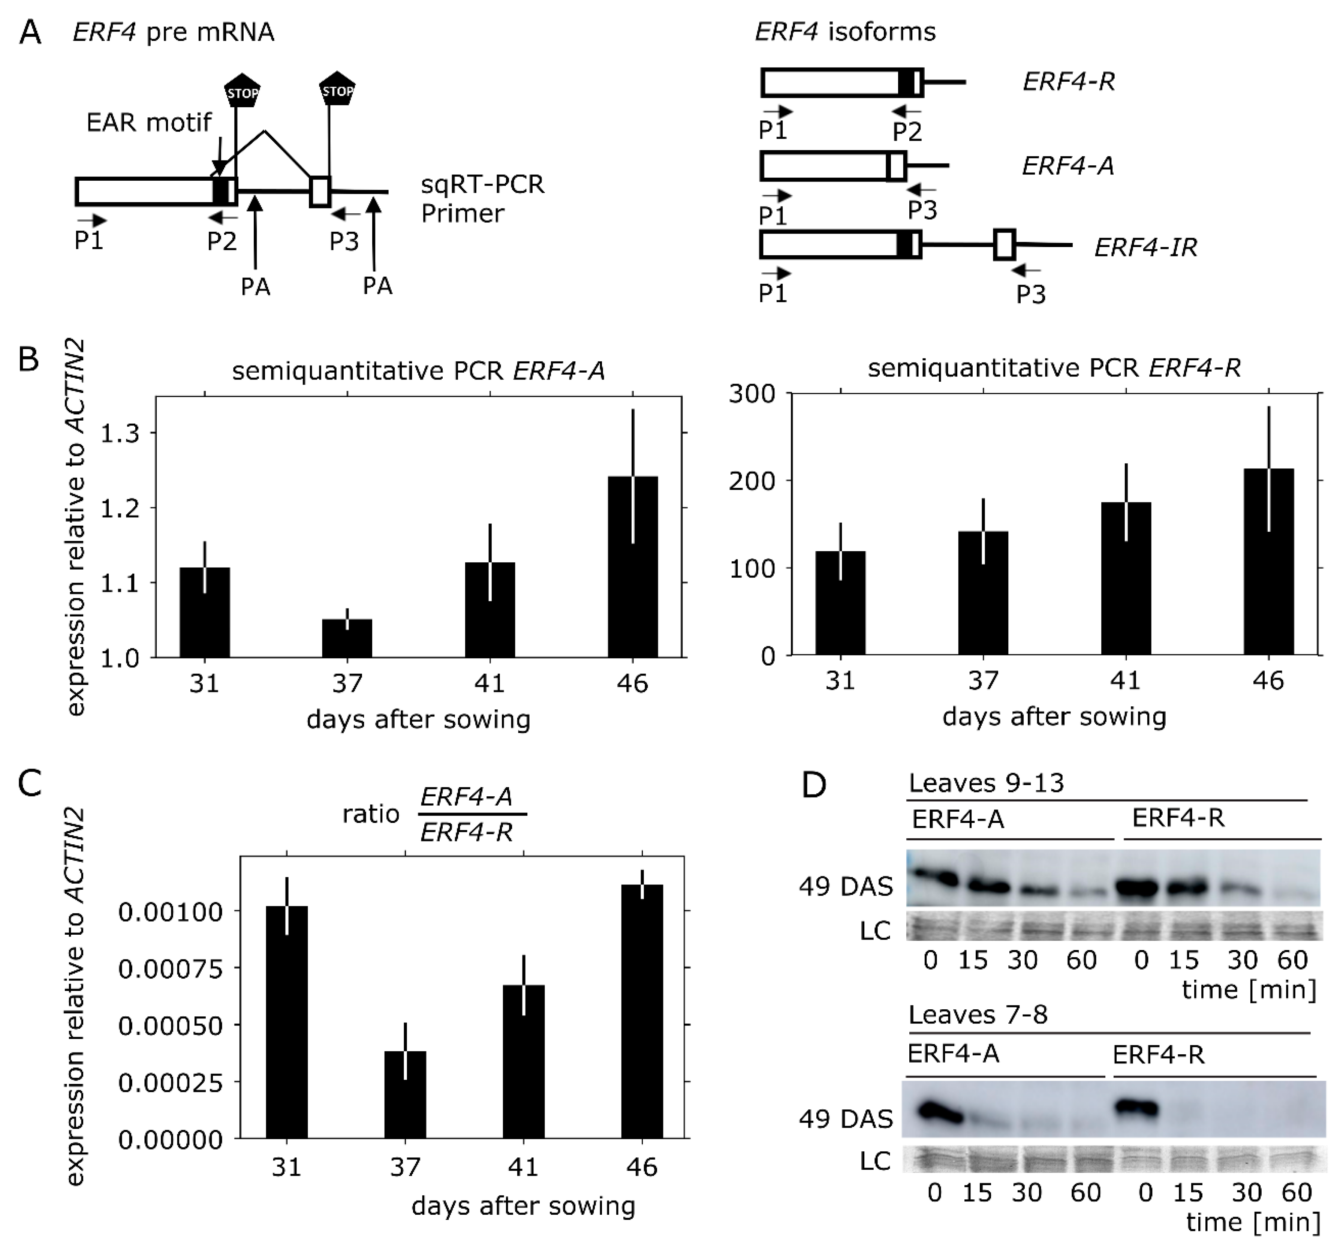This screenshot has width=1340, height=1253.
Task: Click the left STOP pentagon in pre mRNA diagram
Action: pos(242,92)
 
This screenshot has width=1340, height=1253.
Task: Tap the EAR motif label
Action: pos(149,123)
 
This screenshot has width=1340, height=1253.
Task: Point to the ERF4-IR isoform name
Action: pos(1145,247)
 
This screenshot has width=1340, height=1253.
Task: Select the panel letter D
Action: pos(814,785)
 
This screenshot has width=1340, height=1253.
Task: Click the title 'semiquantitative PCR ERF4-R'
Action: pos(1054,368)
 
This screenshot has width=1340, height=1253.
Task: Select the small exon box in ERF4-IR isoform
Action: pos(1004,245)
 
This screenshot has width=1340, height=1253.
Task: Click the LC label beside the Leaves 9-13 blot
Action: pos(875,931)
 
